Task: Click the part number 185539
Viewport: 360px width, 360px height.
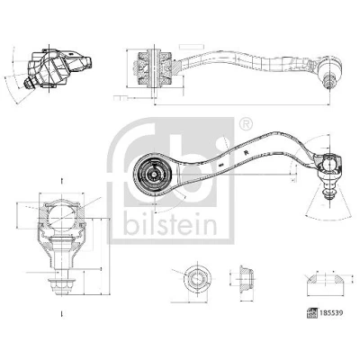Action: (x=330, y=313)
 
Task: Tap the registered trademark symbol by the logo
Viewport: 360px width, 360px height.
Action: (x=246, y=124)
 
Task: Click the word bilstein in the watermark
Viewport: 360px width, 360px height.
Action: (x=170, y=224)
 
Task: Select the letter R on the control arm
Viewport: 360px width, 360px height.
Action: (x=247, y=152)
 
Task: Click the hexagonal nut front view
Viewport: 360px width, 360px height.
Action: (x=196, y=278)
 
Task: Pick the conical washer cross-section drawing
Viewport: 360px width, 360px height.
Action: (x=325, y=284)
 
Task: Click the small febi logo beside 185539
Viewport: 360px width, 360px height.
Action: (x=312, y=313)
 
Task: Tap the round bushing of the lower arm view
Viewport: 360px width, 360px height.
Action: (x=153, y=174)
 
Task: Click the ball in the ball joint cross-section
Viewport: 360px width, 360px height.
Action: (x=61, y=215)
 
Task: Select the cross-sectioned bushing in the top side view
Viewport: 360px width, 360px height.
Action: (x=154, y=68)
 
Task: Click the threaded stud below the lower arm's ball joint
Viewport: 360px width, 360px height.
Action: (x=329, y=191)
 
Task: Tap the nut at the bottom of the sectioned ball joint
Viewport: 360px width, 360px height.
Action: (x=62, y=287)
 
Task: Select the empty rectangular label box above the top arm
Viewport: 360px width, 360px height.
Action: (x=192, y=47)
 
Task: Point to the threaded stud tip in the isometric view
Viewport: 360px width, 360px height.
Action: (x=29, y=85)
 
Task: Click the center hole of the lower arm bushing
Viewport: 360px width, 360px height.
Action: (x=153, y=174)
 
